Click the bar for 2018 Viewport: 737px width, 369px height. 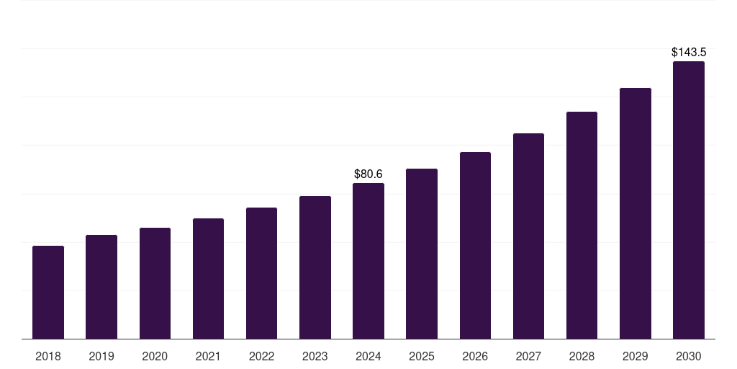coord(48,292)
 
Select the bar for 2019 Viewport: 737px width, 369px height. coord(101,287)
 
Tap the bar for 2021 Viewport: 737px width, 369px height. coord(208,278)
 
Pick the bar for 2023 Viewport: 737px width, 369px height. coord(315,267)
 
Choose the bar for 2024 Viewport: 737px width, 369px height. coord(368,261)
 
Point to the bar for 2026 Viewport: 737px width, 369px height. coord(475,245)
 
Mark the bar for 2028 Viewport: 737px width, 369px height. coord(582,225)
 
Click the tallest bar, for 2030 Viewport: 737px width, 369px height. coord(689,200)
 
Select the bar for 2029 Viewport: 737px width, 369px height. coord(636,213)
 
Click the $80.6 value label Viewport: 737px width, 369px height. coord(368,174)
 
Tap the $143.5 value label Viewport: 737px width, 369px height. coord(689,52)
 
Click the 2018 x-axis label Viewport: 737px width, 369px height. coord(48,356)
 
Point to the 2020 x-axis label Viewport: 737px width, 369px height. coord(155,356)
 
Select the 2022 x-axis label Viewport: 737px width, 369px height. coord(262,356)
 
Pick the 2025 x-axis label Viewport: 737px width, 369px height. coord(422,356)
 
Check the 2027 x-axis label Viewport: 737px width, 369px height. coord(528,356)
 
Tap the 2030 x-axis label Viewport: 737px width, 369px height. coord(689,356)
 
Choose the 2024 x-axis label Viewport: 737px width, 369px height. coord(368,356)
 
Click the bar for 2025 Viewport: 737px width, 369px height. coord(422,254)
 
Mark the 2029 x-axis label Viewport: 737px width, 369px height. coord(636,356)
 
